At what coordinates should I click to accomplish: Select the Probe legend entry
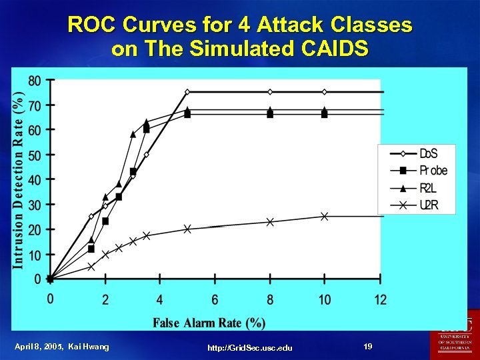pos(417,171)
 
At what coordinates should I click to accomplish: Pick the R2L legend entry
pos(417,188)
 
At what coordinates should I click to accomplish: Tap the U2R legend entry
pos(417,205)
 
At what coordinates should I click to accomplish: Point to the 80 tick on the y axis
pos(34,81)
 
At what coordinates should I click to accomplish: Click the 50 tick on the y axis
pos(34,155)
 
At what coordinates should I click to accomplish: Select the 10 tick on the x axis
pos(324,300)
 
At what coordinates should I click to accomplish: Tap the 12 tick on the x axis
pos(380,300)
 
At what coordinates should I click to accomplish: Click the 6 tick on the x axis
pos(215,300)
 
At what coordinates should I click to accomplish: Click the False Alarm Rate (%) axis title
pos(209,323)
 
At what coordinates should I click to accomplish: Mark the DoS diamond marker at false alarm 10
pos(324,91)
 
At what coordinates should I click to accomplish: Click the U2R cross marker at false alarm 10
pos(324,216)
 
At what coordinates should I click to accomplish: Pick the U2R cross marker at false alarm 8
pos(270,221)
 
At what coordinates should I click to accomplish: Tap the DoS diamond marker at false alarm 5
pos(187,91)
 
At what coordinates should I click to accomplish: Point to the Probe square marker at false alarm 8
pos(270,114)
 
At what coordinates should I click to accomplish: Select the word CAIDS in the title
pos(332,49)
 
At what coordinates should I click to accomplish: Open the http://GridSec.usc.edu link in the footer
pos(249,347)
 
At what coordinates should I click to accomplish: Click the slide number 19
pos(368,346)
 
